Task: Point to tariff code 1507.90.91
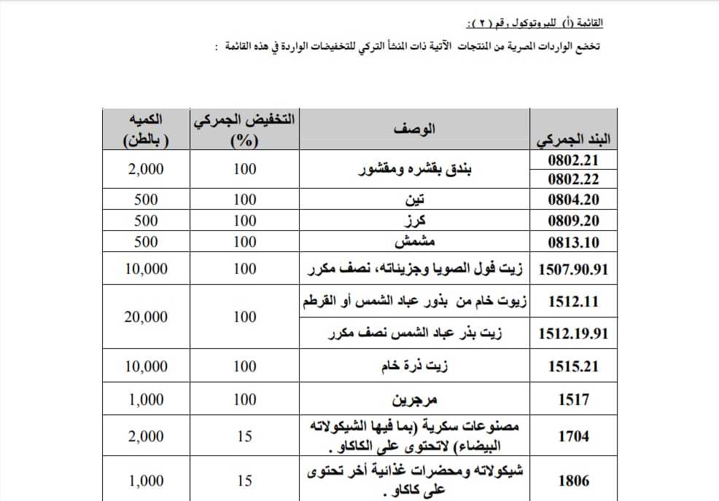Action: [572, 269]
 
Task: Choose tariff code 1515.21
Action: [572, 367]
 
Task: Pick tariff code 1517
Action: [572, 400]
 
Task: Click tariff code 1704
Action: [572, 437]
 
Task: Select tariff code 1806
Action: [572, 481]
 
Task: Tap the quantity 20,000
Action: [146, 317]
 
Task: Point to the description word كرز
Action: [416, 221]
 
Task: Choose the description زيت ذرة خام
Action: [416, 367]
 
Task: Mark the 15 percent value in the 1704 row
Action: [245, 437]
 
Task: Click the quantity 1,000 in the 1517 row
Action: [146, 400]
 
